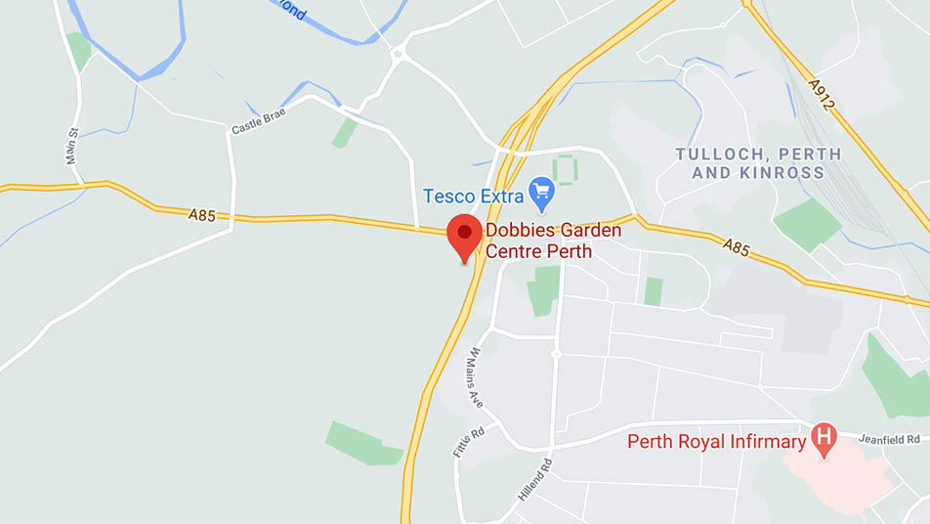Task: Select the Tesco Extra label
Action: click(474, 196)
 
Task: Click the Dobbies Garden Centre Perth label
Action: click(538, 241)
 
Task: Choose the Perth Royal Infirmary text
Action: click(716, 442)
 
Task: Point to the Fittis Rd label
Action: click(469, 443)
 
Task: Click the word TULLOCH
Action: click(715, 154)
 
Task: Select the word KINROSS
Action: click(787, 173)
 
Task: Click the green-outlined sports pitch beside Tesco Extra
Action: click(565, 169)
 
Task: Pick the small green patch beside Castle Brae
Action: click(344, 133)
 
